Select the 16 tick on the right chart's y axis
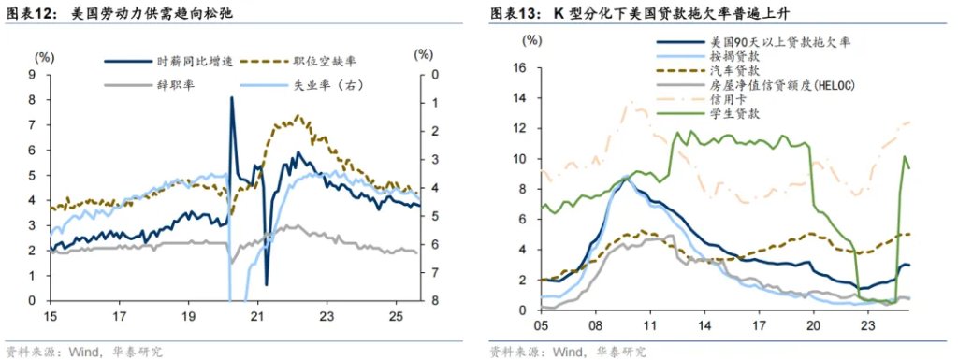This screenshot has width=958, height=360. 522,67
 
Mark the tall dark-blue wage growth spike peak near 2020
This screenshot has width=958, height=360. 231,97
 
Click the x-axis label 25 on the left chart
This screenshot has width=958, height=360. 397,316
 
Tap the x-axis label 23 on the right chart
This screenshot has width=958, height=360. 866,326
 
